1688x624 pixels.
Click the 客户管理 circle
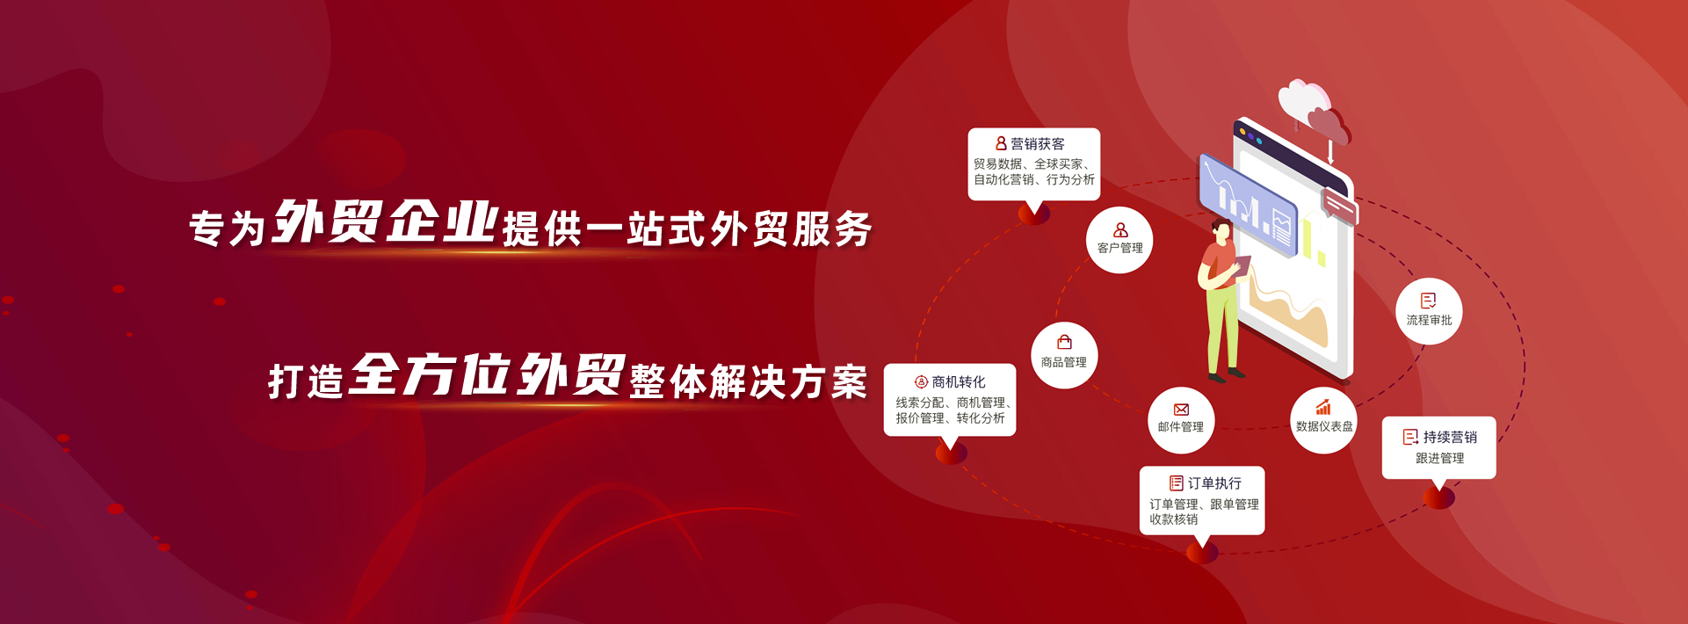click(1119, 240)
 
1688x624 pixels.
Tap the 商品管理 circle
click(1064, 355)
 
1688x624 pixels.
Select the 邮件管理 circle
click(1181, 420)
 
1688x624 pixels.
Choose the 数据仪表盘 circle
click(1323, 420)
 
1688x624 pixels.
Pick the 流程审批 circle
click(1429, 311)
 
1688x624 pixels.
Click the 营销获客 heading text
click(1038, 144)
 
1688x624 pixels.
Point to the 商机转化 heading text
click(959, 382)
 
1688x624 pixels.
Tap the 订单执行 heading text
click(1214, 483)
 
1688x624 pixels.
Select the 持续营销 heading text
click(1450, 437)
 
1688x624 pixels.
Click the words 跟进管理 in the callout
click(1439, 458)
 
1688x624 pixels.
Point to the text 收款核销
click(1174, 519)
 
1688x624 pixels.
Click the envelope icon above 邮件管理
click(1181, 410)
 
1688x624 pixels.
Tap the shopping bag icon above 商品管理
click(1064, 342)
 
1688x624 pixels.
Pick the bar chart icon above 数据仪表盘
click(1323, 408)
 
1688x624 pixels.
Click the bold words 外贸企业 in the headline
click(386, 221)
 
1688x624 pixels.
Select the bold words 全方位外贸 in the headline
click(487, 374)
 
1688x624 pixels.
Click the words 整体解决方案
click(749, 381)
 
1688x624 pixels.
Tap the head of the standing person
click(1220, 231)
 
